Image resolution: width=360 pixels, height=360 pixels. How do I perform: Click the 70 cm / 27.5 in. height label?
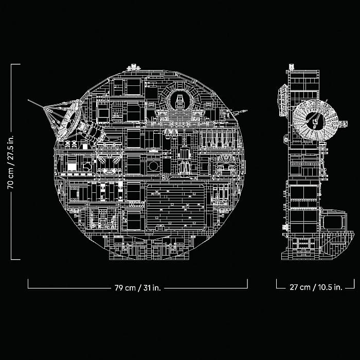click(x=11, y=162)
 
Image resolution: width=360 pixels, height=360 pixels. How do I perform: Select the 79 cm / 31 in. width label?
click(x=138, y=287)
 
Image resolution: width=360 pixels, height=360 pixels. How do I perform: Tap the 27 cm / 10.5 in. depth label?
click(x=316, y=287)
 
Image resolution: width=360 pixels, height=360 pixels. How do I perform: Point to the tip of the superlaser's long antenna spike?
click(x=28, y=100)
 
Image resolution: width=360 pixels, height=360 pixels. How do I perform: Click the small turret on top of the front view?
click(x=134, y=67)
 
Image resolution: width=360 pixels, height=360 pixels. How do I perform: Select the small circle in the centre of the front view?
click(x=153, y=166)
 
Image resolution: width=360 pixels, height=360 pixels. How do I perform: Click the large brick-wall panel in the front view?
click(x=175, y=207)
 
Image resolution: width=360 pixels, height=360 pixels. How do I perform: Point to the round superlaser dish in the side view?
click(x=316, y=121)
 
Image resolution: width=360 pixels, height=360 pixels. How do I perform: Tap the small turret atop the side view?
click(x=292, y=66)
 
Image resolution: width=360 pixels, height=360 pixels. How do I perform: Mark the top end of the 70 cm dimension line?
click(x=11, y=64)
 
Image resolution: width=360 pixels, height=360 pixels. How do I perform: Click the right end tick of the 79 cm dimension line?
click(x=247, y=283)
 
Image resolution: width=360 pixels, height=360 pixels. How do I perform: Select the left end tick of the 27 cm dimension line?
click(x=277, y=283)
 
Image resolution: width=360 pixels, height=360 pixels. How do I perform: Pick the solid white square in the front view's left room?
click(x=71, y=167)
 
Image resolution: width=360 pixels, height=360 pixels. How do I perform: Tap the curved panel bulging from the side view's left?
click(x=283, y=100)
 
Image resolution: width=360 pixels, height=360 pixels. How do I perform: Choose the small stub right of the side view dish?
click(x=343, y=123)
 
